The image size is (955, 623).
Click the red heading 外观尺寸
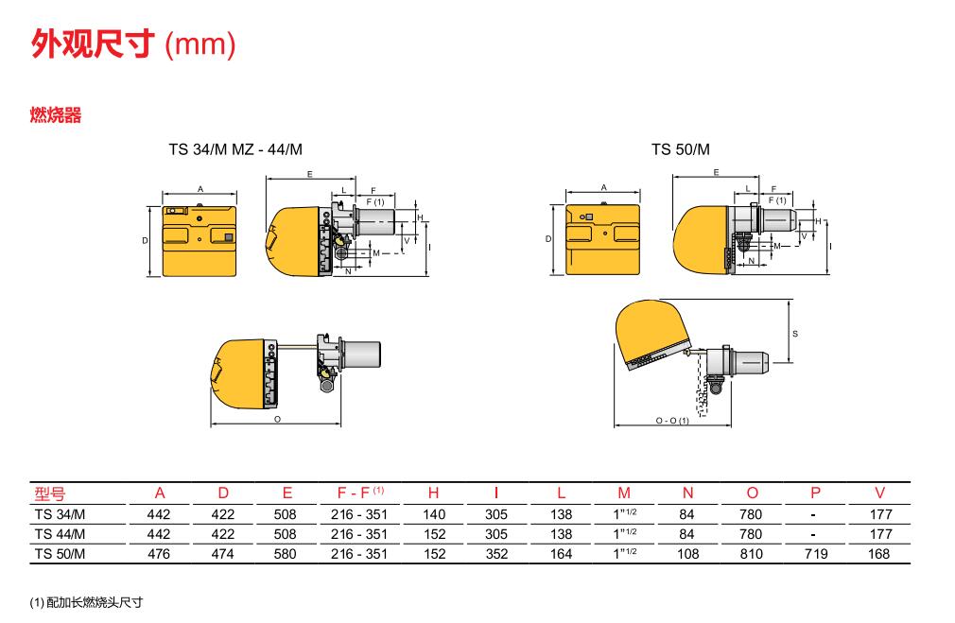coord(91,43)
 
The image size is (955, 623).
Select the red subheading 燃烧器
coord(56,114)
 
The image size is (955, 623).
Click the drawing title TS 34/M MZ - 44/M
coord(235,149)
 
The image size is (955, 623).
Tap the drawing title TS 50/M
coord(680,149)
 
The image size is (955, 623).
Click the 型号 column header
coord(49,493)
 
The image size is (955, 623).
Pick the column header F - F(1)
coord(360,493)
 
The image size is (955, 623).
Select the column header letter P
coord(815,493)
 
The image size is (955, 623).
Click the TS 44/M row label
coord(60,534)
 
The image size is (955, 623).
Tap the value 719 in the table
coord(815,554)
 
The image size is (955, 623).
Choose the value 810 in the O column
coord(751,554)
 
